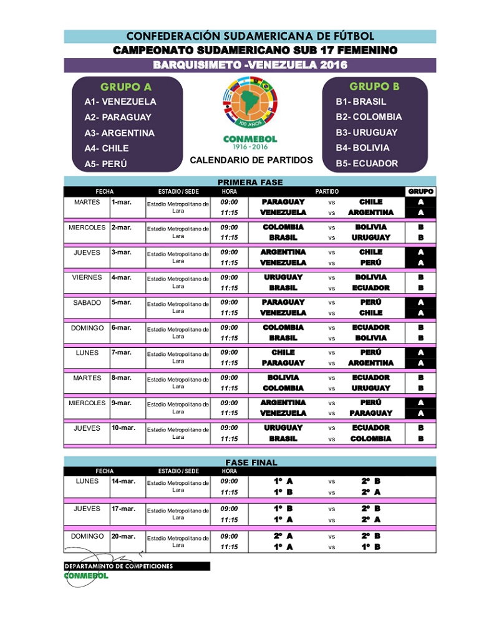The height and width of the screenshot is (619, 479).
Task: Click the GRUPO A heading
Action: point(126,87)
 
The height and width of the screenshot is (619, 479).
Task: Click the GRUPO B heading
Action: point(374,86)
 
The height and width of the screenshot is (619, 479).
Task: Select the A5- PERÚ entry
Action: point(106,164)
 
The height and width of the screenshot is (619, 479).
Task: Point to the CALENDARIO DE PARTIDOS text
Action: point(251,160)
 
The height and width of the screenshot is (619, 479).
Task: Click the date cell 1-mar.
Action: point(121,202)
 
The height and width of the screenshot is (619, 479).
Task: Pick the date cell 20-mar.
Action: point(123,536)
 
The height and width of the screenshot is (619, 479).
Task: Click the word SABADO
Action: point(87,302)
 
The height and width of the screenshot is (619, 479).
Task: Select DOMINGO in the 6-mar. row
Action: point(87,327)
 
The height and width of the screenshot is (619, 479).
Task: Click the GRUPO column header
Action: point(420,191)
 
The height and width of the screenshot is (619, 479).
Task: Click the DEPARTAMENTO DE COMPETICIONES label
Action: point(119,567)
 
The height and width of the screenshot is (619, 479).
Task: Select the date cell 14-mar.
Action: point(123,481)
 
